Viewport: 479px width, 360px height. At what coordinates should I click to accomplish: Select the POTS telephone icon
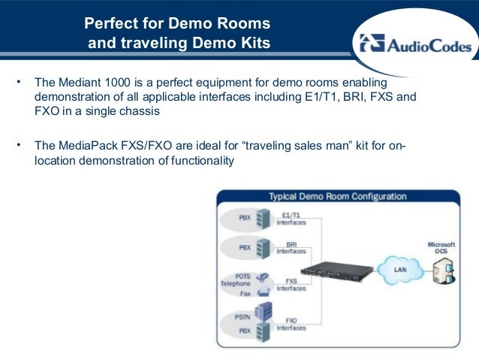[262, 277]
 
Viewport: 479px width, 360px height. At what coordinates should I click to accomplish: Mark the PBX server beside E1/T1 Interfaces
[262, 218]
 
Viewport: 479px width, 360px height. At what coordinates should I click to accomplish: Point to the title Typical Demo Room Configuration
[337, 197]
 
